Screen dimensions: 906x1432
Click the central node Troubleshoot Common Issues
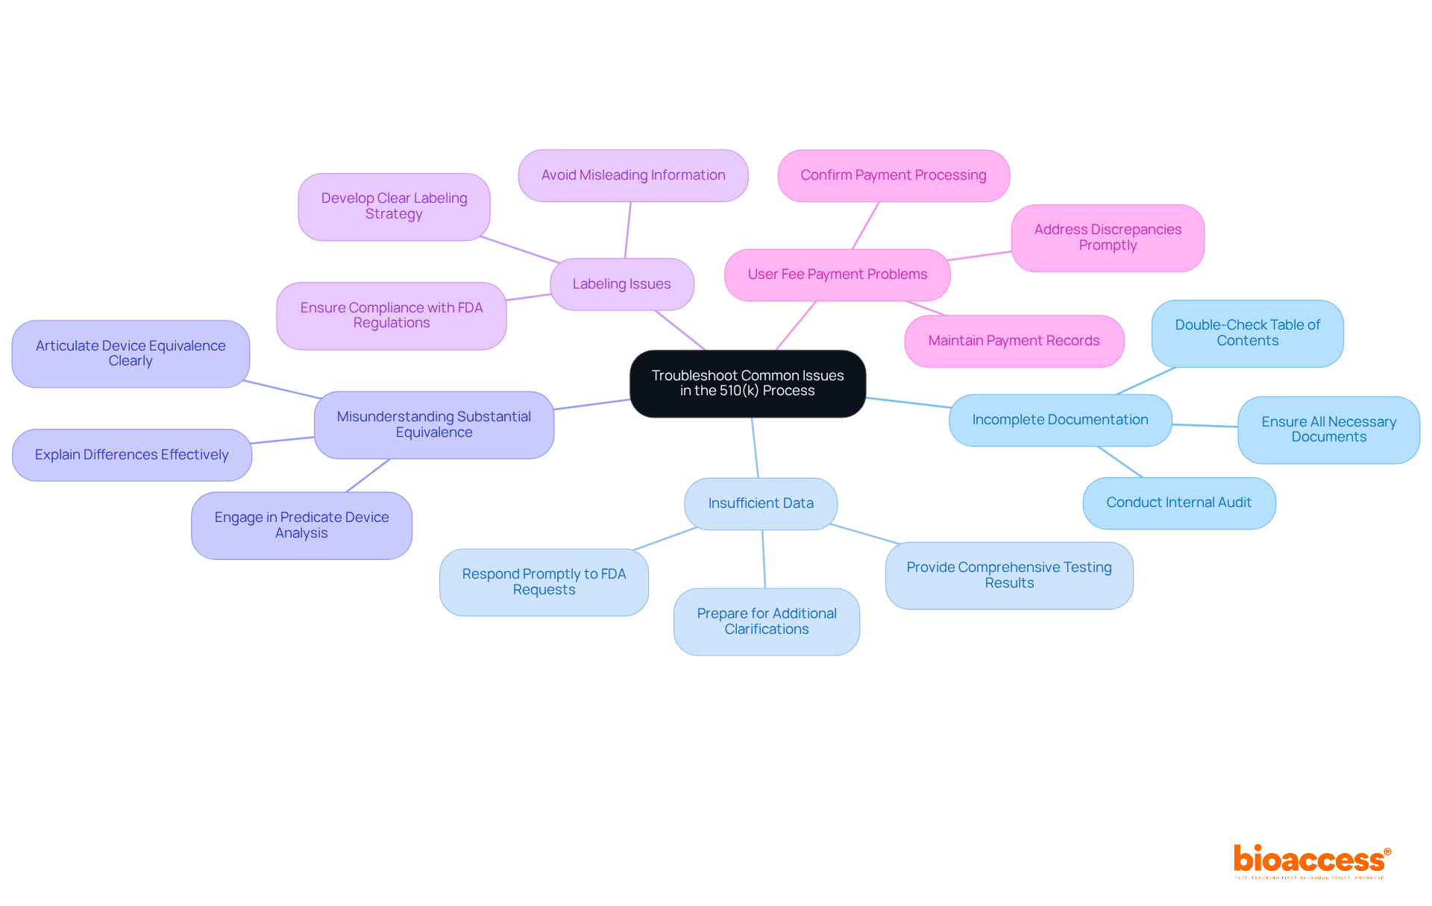747,383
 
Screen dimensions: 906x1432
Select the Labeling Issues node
621,284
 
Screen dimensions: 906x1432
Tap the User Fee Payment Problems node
837,274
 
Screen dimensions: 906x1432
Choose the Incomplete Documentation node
1060,420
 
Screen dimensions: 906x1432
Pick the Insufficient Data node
760,503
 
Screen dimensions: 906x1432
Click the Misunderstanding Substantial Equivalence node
433,424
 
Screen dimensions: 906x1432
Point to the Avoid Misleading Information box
633,175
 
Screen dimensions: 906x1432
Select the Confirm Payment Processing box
893,175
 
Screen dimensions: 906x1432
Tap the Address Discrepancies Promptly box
1108,238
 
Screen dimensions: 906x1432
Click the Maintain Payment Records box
1014,341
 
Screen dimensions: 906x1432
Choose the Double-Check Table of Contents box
1247,333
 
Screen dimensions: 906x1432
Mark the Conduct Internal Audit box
1178,503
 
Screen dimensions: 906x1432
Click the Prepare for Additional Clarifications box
767,621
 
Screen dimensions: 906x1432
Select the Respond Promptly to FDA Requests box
544,582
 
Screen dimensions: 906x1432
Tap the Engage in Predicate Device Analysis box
301,525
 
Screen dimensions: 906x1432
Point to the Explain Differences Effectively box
132,455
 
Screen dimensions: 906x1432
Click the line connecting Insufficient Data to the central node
755,447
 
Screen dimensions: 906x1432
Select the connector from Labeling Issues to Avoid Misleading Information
628,230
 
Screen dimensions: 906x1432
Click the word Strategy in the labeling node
394,214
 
